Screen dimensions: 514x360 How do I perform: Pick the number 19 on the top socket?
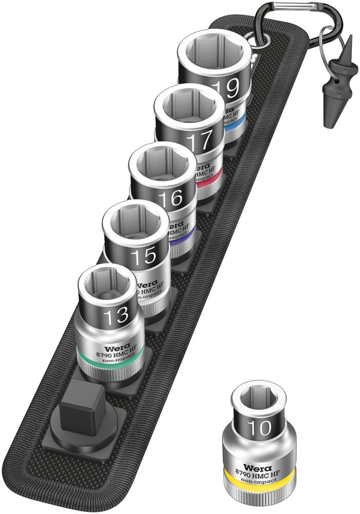point(225,88)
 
